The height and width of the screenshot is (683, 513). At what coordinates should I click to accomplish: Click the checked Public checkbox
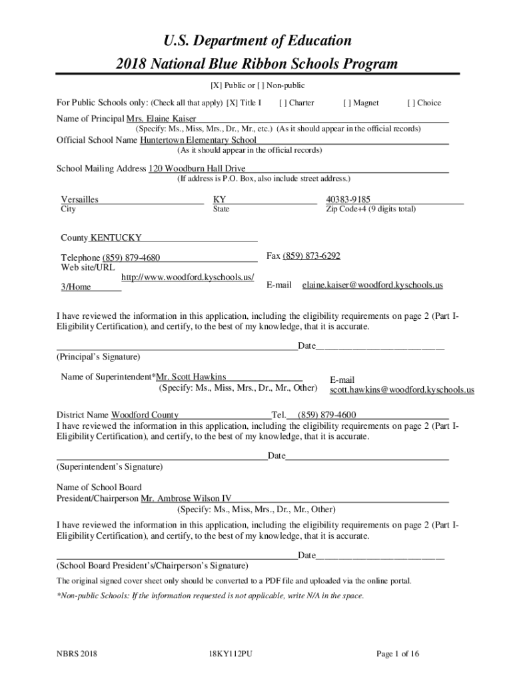click(x=216, y=85)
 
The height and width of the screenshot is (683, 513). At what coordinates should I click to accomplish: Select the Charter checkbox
click(x=283, y=103)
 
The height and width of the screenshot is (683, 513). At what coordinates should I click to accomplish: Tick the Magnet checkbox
click(x=347, y=103)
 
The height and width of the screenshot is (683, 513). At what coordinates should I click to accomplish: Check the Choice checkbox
click(x=410, y=103)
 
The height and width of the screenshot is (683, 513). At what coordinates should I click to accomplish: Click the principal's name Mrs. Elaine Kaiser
click(x=157, y=118)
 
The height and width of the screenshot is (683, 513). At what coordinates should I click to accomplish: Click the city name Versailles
click(x=80, y=199)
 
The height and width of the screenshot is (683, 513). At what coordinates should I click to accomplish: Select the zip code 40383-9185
click(x=348, y=199)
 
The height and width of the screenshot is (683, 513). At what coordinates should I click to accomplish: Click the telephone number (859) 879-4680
click(x=131, y=258)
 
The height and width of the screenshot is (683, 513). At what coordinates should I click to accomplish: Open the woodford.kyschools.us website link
click(x=187, y=277)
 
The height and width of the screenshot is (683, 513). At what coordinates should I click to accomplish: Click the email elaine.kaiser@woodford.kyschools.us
click(x=372, y=285)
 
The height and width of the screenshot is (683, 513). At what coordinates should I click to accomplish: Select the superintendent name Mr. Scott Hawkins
click(x=191, y=377)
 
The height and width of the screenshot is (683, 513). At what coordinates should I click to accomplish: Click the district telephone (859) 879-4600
click(x=326, y=415)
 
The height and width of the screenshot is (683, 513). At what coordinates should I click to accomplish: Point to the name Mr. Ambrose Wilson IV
click(x=186, y=498)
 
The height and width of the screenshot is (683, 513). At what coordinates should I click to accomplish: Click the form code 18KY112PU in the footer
click(x=230, y=654)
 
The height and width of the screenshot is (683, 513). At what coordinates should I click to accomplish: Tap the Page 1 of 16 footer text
click(x=398, y=654)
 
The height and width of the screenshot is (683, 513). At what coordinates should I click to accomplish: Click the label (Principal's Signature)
click(x=99, y=357)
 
